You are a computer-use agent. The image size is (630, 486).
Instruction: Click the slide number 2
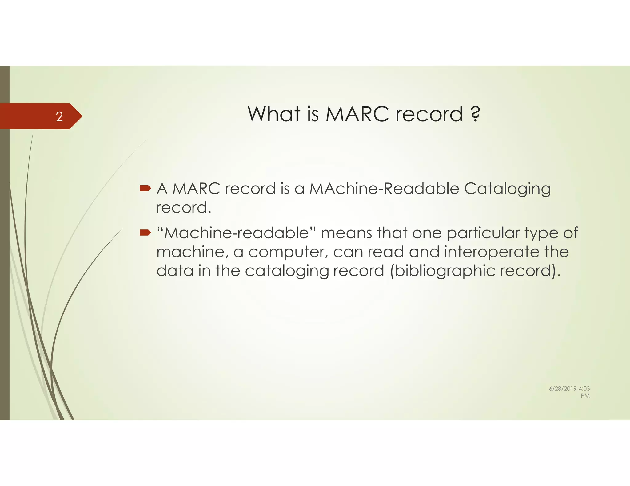click(59, 117)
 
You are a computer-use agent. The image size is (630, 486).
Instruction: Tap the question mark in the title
click(475, 114)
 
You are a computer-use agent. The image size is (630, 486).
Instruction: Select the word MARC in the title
click(357, 114)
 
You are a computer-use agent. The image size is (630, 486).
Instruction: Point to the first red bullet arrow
click(145, 188)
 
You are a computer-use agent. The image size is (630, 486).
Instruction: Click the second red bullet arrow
click(145, 233)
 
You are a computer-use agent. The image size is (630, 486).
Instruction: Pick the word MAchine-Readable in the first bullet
click(384, 189)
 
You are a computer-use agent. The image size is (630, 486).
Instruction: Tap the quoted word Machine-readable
click(237, 233)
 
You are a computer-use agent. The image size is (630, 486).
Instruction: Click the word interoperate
click(491, 252)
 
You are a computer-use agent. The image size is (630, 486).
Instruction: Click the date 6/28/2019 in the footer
click(563, 389)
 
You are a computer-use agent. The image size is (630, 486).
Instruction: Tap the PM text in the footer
click(585, 396)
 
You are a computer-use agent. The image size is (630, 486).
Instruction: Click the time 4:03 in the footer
click(584, 389)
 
